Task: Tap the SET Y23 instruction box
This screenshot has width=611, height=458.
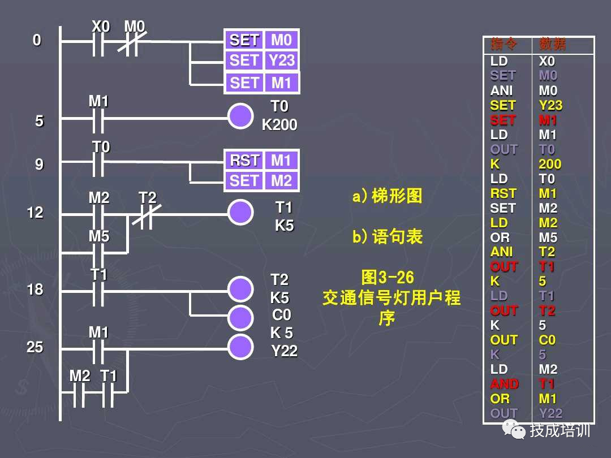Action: [261, 61]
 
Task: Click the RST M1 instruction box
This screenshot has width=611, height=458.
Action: [261, 161]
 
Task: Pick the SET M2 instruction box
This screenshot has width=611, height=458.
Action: [261, 181]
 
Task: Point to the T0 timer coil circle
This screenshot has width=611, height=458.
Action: [240, 116]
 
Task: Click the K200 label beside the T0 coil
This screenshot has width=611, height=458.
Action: [279, 125]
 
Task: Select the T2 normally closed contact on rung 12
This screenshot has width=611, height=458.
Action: [147, 214]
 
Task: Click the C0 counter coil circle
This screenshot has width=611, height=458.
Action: [240, 318]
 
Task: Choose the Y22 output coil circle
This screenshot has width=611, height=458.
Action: [240, 347]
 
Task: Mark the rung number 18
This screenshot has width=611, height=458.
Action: [35, 290]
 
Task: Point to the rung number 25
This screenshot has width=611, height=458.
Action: [35, 347]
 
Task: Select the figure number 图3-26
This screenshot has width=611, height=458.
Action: [388, 278]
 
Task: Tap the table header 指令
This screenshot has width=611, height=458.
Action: [504, 45]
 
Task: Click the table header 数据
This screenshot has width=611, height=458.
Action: [552, 45]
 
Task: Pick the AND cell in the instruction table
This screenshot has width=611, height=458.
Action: [504, 384]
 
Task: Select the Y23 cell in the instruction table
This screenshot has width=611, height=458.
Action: [550, 105]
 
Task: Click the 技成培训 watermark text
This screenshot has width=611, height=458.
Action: [560, 430]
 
